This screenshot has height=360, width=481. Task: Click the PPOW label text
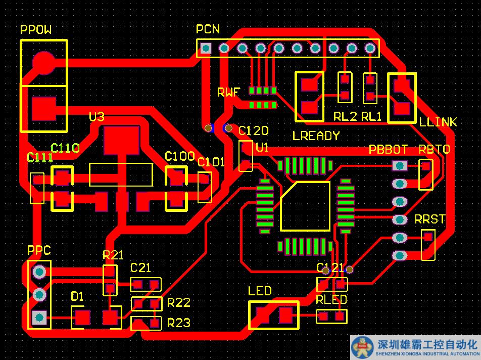point(36,30)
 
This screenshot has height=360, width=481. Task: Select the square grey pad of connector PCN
point(206,49)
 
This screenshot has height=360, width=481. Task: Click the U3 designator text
point(97,117)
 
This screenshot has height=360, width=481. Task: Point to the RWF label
point(229,93)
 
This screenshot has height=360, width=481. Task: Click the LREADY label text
point(316,136)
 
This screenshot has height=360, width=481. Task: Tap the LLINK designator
point(438,122)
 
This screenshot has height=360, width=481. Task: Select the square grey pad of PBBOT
point(400,165)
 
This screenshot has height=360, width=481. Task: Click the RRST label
point(430,219)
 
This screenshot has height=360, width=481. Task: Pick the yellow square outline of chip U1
point(305,206)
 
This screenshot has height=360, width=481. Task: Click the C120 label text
point(253,131)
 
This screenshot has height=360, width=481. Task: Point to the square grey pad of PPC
point(39,318)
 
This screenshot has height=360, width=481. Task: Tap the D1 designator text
point(77,296)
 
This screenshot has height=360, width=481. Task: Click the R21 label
point(113,255)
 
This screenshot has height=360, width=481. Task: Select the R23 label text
point(179,323)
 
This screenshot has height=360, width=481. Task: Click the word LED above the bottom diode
point(260,291)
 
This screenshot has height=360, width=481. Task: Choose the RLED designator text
point(331,300)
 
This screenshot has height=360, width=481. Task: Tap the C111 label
point(40,158)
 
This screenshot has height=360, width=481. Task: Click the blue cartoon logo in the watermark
point(362,347)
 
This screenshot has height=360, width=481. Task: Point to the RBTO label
point(434,150)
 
